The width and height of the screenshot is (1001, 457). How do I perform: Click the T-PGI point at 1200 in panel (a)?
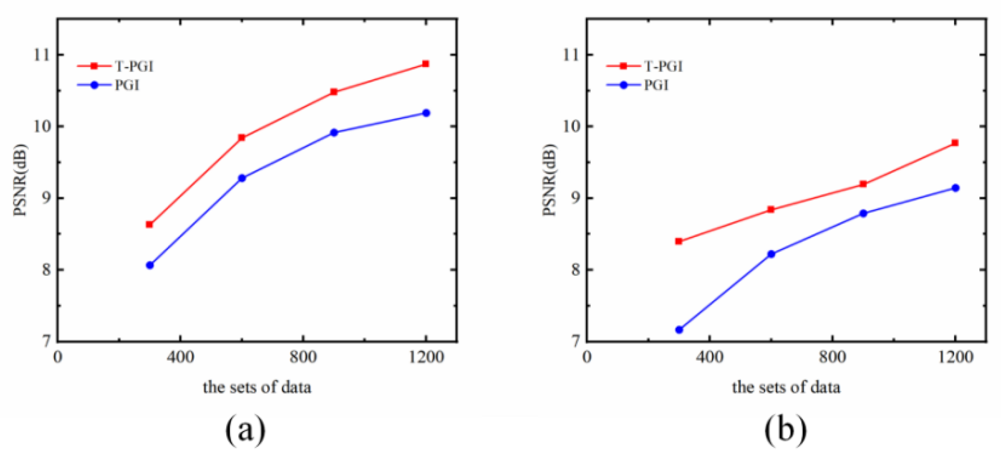tap(426, 64)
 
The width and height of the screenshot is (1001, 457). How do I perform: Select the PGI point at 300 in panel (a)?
tap(149, 265)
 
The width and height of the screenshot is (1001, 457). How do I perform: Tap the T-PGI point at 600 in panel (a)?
tap(242, 138)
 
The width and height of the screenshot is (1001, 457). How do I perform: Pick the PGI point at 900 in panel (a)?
tap(334, 132)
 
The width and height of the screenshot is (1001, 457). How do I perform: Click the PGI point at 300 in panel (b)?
tap(679, 330)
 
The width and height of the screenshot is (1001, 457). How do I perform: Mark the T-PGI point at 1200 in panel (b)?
tap(955, 143)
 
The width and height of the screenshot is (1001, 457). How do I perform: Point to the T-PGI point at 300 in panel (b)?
tap(679, 241)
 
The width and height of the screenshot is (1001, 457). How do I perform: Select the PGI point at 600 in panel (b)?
tap(771, 254)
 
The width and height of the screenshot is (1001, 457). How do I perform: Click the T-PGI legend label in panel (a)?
tap(134, 67)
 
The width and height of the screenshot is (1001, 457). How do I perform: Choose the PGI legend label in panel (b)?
tap(656, 85)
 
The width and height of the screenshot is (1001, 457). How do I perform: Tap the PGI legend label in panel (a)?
tap(127, 85)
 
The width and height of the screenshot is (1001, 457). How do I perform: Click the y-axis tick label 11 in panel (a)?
tap(42, 55)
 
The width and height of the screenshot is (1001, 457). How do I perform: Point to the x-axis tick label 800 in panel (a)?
tap(303, 357)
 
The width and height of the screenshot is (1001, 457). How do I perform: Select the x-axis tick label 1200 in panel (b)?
tap(955, 357)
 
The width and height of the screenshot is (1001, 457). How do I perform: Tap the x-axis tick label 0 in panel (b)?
tap(587, 357)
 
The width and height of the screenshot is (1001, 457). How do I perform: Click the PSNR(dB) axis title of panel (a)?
tap(20, 180)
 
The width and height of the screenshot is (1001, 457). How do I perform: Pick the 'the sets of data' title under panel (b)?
tap(786, 387)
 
